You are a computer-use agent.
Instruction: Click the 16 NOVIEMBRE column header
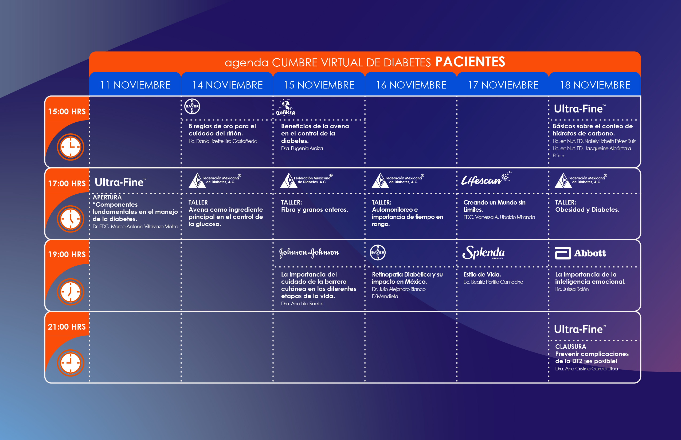[411, 85]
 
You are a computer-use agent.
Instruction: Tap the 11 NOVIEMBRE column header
[135, 85]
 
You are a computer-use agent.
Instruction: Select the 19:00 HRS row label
[67, 254]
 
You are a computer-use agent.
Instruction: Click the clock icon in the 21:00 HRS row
[71, 363]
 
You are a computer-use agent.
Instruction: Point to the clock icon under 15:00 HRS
[71, 147]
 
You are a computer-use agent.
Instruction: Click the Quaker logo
[285, 108]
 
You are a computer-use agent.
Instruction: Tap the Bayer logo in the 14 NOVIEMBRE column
[192, 106]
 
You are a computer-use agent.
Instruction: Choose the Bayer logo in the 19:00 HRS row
[378, 252]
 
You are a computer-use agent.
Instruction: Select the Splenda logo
[484, 253]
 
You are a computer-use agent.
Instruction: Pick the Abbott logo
[580, 253]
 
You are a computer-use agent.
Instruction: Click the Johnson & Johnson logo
[309, 253]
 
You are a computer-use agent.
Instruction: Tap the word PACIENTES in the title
[470, 62]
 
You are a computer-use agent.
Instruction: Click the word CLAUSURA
[570, 347]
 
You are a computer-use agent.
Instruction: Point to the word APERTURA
[107, 197]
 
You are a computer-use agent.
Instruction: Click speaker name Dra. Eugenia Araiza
[302, 148]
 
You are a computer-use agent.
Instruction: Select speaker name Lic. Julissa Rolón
[572, 289]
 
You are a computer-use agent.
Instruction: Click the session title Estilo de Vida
[482, 274]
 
